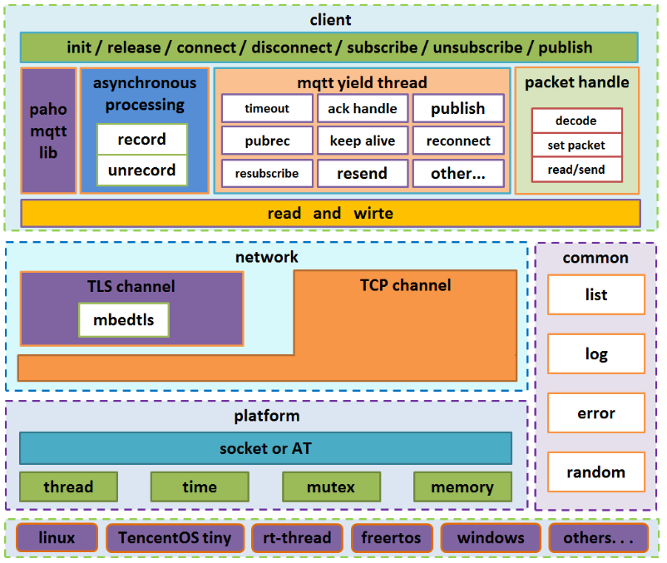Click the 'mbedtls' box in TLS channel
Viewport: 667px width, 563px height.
coord(123,320)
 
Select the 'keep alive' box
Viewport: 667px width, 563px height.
coord(363,141)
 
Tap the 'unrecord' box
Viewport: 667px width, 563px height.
coord(141,170)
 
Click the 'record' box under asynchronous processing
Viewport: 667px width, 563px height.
coord(141,140)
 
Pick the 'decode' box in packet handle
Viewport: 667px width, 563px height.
coord(576,121)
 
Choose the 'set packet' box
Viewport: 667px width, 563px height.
coord(576,145)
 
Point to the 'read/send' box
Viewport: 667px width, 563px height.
coord(576,170)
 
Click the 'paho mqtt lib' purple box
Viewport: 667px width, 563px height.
coord(48,131)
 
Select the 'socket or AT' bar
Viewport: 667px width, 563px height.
coord(265,448)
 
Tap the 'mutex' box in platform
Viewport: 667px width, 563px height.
coord(331,487)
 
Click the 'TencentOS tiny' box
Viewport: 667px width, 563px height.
coord(175,538)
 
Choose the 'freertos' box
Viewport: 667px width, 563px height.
coord(392,538)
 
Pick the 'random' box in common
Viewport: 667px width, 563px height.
coord(595,472)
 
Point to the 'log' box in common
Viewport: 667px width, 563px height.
coord(595,354)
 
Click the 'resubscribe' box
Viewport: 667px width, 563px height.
coord(267,174)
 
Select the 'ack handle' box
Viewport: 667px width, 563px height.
coord(363,108)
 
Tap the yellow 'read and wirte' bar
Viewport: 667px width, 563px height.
coord(330,214)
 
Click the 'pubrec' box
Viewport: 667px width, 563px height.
coord(267,141)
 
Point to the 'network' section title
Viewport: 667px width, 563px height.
coord(266,257)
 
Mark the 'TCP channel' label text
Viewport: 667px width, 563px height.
coord(405,285)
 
